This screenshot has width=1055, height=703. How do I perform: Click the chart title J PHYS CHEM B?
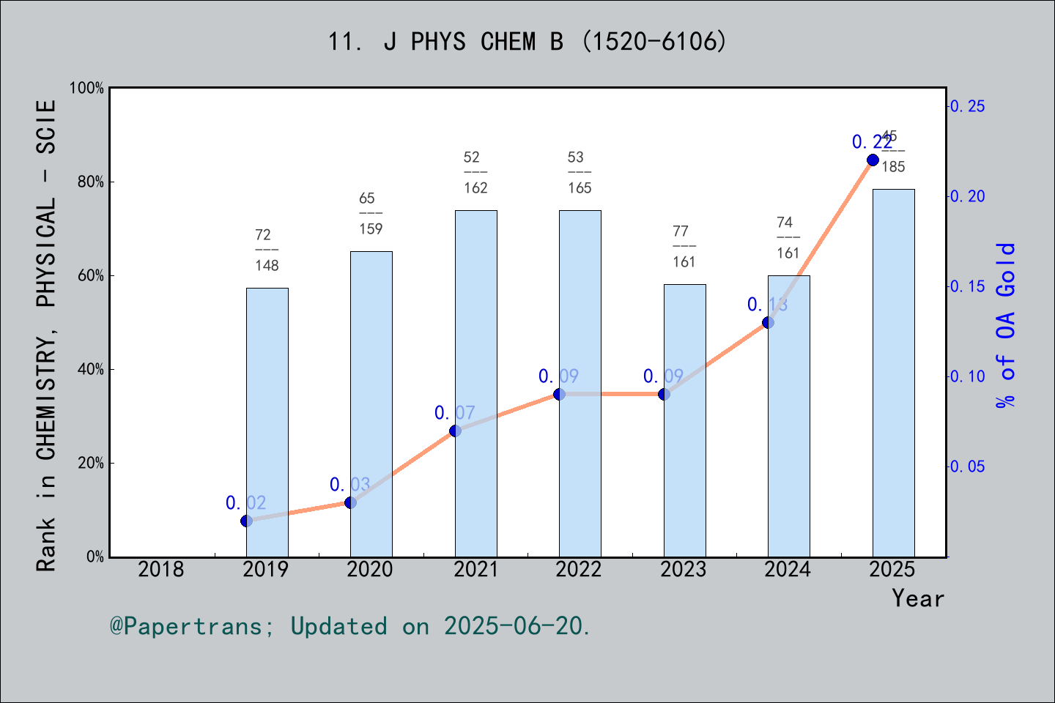pyautogui.click(x=527, y=42)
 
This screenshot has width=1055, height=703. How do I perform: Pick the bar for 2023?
pyautogui.click(x=684, y=420)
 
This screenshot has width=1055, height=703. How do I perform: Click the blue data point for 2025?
pyautogui.click(x=873, y=160)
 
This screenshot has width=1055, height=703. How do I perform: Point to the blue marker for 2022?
pyautogui.click(x=559, y=394)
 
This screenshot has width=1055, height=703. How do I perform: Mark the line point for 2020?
pyautogui.click(x=350, y=502)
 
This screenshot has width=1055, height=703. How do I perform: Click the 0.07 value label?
pyautogui.click(x=454, y=413)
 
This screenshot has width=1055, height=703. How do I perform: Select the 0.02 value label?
pyautogui.click(x=245, y=503)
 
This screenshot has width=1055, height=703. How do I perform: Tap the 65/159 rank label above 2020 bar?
pyautogui.click(x=370, y=213)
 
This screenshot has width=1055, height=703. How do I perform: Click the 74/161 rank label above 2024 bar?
pyautogui.click(x=788, y=237)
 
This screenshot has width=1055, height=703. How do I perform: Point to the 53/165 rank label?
pyautogui.click(x=579, y=172)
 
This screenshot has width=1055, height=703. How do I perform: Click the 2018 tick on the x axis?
pyautogui.click(x=161, y=569)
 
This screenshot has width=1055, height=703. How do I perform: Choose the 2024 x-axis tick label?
pyautogui.click(x=788, y=569)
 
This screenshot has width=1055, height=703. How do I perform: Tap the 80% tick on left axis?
pyautogui.click(x=91, y=182)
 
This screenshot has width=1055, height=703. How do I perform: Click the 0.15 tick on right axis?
pyautogui.click(x=967, y=286)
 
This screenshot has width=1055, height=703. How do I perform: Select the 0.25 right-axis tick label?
pyautogui.click(x=967, y=106)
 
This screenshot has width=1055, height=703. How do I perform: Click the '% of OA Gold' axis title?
pyautogui.click(x=1006, y=325)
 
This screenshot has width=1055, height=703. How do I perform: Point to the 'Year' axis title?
pyautogui.click(x=917, y=598)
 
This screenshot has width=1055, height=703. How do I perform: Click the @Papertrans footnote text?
pyautogui.click(x=350, y=626)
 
